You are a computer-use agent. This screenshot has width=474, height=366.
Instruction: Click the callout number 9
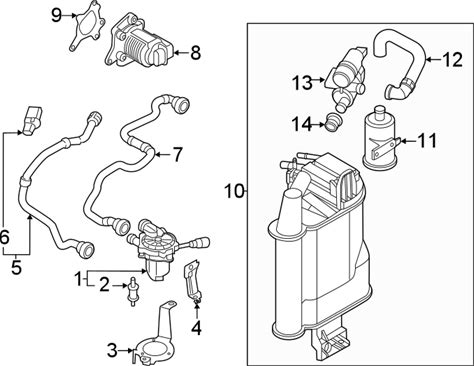pyautogui.click(x=57, y=15)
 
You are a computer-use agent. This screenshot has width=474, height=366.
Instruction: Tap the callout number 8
pyautogui.click(x=196, y=53)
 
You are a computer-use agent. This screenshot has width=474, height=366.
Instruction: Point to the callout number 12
pyautogui.click(x=452, y=60)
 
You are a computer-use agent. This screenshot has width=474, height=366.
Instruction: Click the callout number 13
pyautogui.click(x=303, y=82)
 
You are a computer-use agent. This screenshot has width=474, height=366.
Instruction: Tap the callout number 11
pyautogui.click(x=426, y=140)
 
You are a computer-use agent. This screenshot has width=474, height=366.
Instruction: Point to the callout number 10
pyautogui.click(x=234, y=191)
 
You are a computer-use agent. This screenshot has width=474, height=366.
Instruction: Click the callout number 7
pyautogui.click(x=177, y=155)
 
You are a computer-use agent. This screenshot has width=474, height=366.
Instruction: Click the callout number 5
pyautogui.click(x=16, y=267)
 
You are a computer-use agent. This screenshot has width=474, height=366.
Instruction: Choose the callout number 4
pyautogui.click(x=197, y=328)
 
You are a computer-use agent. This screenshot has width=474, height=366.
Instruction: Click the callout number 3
pyautogui.click(x=112, y=350)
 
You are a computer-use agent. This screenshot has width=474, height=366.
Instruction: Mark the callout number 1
pyautogui.click(x=79, y=279)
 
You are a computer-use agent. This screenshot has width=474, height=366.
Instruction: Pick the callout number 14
pyautogui.click(x=303, y=124)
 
